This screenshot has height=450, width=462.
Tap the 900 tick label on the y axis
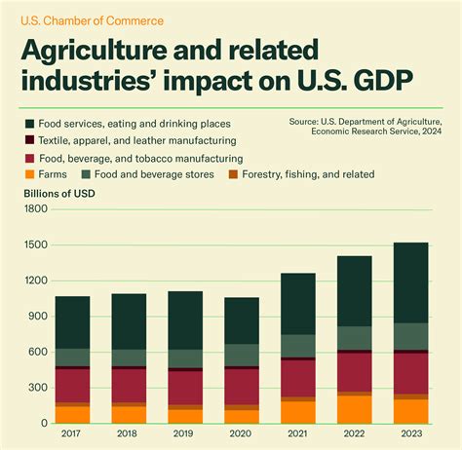(x=37, y=317)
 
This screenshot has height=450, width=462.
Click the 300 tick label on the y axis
(x=37, y=388)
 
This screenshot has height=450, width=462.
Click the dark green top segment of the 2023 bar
(x=410, y=282)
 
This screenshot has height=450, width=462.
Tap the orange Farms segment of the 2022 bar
(x=355, y=410)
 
